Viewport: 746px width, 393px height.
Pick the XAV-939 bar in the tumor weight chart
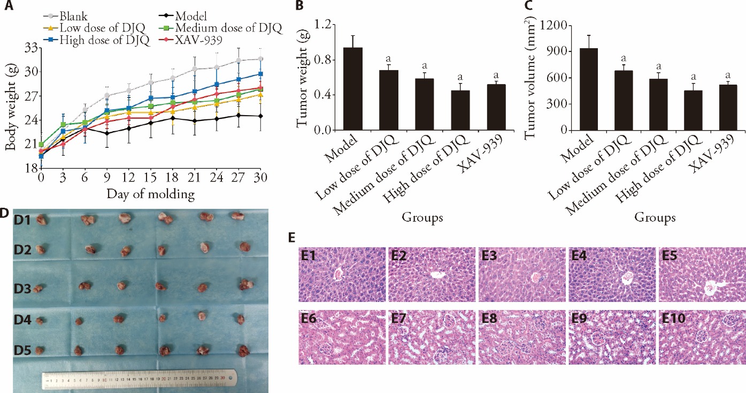496,107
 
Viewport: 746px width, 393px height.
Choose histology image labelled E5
701,274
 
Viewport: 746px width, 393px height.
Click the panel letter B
299,6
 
